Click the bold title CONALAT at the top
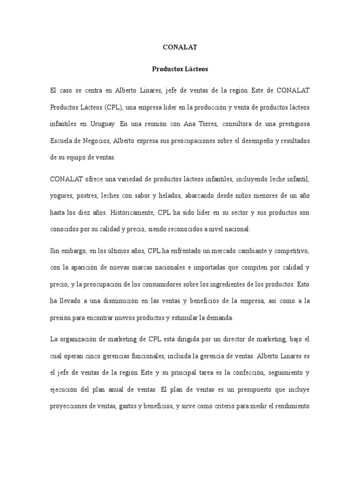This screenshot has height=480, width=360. click(180, 47)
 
